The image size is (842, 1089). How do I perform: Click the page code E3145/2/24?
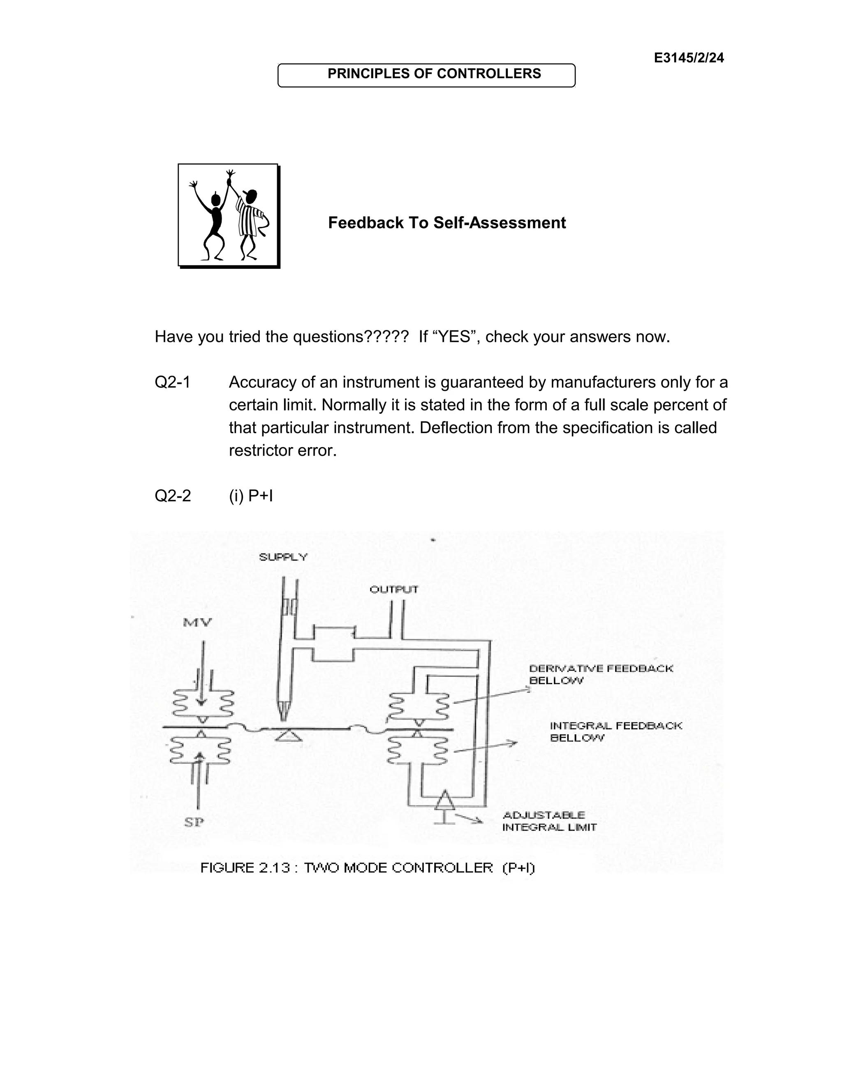[x=688, y=58]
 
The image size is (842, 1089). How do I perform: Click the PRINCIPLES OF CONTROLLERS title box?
[x=426, y=75]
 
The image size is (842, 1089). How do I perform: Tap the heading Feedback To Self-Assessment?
[x=446, y=223]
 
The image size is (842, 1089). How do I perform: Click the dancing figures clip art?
[x=229, y=215]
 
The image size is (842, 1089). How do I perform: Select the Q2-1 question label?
[x=173, y=383]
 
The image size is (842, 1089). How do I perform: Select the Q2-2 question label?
[x=173, y=496]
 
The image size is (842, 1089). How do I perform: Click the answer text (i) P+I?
[x=251, y=496]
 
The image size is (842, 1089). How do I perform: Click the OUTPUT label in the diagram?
[x=393, y=590]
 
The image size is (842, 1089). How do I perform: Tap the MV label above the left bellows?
[x=197, y=622]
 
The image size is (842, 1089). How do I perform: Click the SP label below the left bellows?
[x=194, y=823]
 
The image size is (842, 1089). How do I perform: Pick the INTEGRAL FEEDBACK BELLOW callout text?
[x=615, y=732]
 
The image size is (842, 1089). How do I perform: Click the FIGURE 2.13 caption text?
[x=367, y=868]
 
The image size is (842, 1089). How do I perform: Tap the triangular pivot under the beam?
[x=288, y=736]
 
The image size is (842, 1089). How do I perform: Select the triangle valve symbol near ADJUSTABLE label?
[x=444, y=801]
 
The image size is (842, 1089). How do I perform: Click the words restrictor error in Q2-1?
[x=282, y=451]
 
